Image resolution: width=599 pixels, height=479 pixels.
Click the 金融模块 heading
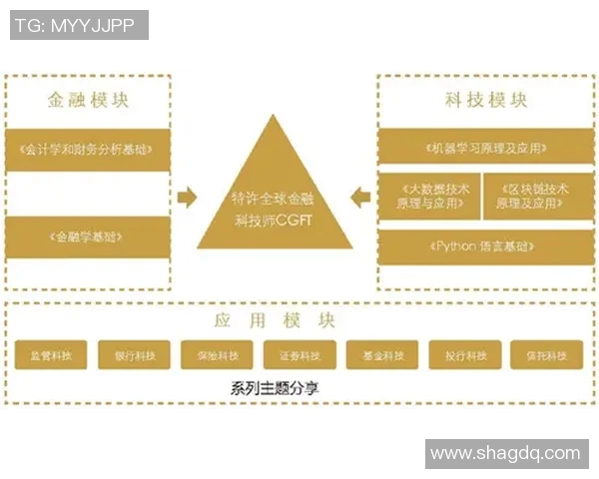(88, 101)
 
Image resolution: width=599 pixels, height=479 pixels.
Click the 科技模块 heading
(486, 101)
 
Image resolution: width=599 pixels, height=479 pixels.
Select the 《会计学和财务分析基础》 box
(87, 149)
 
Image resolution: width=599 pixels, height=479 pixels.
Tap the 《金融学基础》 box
(87, 238)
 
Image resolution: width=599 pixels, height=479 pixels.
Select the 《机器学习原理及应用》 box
(486, 148)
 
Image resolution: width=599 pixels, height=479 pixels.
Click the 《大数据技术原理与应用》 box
(429, 196)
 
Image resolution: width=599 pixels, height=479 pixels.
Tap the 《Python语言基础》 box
(486, 246)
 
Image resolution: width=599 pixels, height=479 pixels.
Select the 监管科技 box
(50, 355)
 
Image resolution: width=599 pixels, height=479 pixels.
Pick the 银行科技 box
(134, 355)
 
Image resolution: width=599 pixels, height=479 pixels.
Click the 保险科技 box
(217, 355)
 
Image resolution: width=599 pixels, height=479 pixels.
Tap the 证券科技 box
(299, 355)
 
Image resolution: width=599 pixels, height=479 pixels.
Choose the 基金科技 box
(382, 355)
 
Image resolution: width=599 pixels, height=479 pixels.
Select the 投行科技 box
(465, 355)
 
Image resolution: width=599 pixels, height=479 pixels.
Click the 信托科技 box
(546, 355)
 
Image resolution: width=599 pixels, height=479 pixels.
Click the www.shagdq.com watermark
(505, 454)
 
